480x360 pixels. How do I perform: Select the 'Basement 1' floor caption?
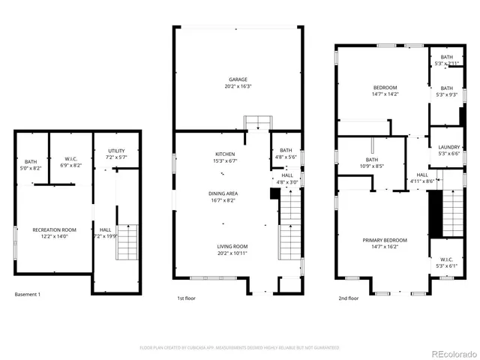tap(28, 294)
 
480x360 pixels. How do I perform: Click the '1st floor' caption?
tap(187, 298)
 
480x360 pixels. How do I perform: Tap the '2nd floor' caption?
tap(348, 298)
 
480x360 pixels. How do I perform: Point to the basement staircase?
tap(127, 242)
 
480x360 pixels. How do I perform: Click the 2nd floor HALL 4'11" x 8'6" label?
tap(422, 178)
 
